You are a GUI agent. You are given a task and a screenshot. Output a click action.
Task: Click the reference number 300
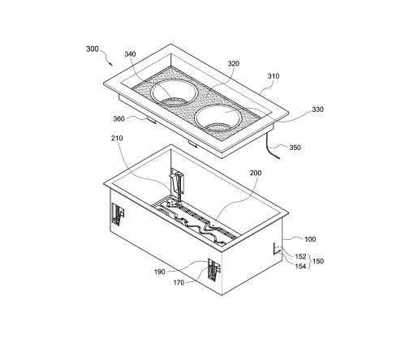point(93,49)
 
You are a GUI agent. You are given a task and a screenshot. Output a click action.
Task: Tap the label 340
point(130,54)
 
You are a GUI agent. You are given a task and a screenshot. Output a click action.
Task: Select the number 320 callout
point(234,63)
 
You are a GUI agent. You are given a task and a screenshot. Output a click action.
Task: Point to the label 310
point(273,76)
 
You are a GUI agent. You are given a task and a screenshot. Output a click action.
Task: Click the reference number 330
point(318,109)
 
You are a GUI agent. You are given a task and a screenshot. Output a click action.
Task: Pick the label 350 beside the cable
point(295,148)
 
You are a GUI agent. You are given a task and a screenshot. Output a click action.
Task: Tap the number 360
point(118,118)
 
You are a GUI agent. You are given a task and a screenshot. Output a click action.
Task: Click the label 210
point(117,138)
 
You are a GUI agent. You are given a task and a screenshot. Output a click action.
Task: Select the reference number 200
point(256,173)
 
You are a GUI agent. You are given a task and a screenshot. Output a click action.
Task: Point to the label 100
point(310,239)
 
